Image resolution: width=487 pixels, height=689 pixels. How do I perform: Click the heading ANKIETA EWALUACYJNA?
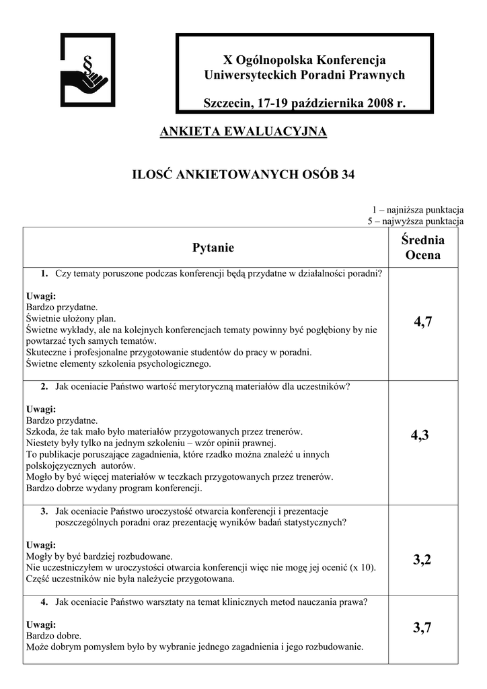[x=243, y=131]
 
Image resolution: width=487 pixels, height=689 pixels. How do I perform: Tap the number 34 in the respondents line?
[x=347, y=175]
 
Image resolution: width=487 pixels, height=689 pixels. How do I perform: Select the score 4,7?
[x=422, y=322]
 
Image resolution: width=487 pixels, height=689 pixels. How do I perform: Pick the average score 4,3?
[x=422, y=436]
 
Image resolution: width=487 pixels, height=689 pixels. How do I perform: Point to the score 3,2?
[x=422, y=559]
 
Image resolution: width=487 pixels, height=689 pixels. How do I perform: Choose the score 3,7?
[x=422, y=628]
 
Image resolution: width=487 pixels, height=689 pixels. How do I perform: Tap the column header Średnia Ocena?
[x=422, y=248]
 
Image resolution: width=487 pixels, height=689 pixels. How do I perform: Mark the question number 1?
[x=44, y=273]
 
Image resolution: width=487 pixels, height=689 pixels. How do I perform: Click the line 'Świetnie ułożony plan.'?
[x=71, y=318]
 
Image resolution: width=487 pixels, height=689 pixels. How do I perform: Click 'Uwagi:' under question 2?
[x=40, y=410]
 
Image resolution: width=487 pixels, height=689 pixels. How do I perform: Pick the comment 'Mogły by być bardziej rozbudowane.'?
[x=100, y=556]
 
